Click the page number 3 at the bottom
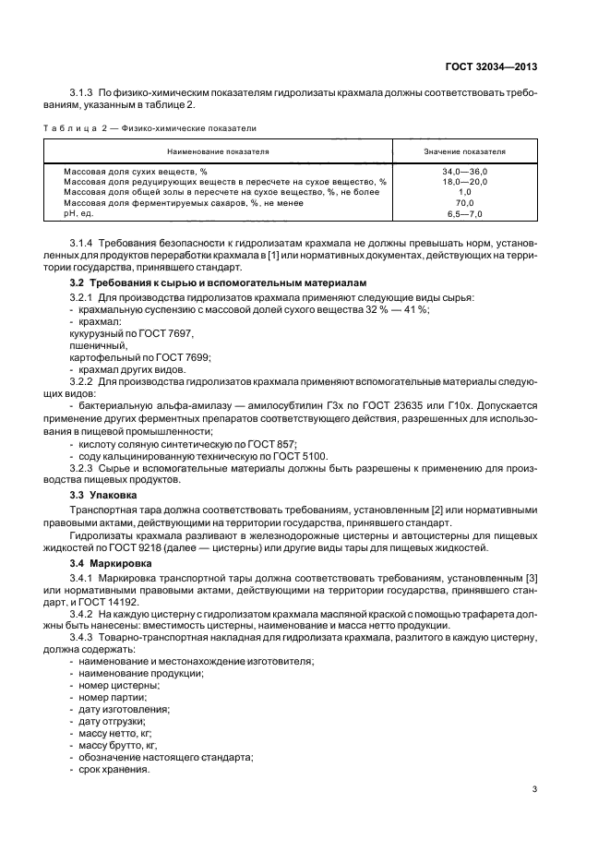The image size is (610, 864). point(534,788)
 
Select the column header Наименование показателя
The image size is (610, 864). point(218,150)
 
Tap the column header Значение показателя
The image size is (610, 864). point(464,150)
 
